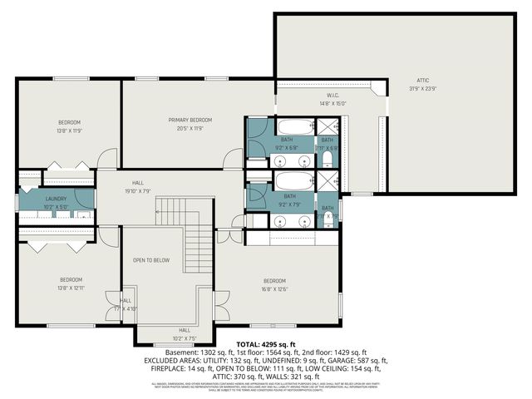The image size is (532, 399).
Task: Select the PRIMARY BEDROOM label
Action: (x=185, y=120)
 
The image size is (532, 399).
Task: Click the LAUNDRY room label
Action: (x=56, y=198)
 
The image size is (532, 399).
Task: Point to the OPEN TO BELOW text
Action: (x=151, y=260)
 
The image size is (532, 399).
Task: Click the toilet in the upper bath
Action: (x=328, y=160)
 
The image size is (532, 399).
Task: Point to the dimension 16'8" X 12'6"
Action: (x=275, y=289)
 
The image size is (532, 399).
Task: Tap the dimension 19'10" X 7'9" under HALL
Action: (x=139, y=191)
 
